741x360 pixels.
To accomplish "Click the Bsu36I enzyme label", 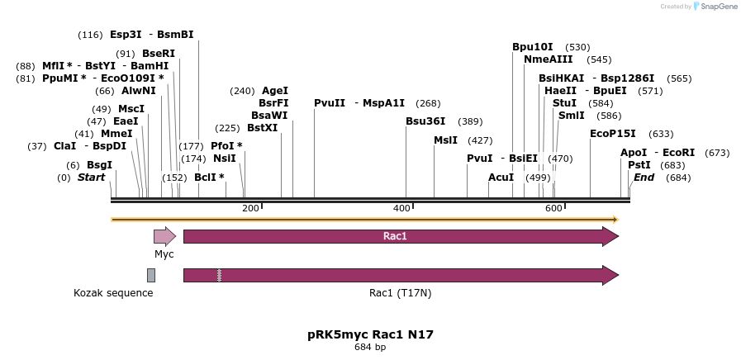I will [x=425, y=121].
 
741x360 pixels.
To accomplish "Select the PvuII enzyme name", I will [x=329, y=103].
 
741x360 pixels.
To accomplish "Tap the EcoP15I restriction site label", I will [x=612, y=134].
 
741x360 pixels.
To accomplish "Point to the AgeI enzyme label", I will [x=274, y=91].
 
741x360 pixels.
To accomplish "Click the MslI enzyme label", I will [x=445, y=140].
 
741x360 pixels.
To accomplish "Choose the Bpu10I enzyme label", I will [x=532, y=47].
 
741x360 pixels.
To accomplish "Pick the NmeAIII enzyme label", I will [x=548, y=59].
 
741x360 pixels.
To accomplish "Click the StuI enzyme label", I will [x=564, y=103].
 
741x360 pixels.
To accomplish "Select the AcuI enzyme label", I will [x=501, y=178].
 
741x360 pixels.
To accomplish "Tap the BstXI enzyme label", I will [x=262, y=128].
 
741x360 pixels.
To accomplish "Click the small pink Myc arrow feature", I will [x=164, y=236].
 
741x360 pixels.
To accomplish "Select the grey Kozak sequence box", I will [x=151, y=275].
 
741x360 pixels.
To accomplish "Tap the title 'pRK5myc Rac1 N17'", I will [x=370, y=334].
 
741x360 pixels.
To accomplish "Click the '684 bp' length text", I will [x=370, y=348].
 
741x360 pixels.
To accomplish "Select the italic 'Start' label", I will [x=91, y=178].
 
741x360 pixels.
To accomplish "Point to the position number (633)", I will [x=661, y=134].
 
